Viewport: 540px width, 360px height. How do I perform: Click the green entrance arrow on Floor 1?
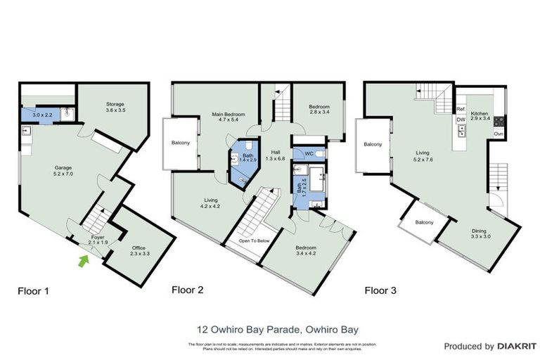coord(84,262)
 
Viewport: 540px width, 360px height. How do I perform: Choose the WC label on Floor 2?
coord(307,154)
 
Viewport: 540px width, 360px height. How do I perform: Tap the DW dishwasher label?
coord(461,120)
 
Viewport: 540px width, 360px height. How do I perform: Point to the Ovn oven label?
coord(498,134)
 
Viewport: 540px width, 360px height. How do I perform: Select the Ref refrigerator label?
coord(461,109)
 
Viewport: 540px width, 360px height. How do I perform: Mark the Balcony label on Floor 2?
coord(181,143)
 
